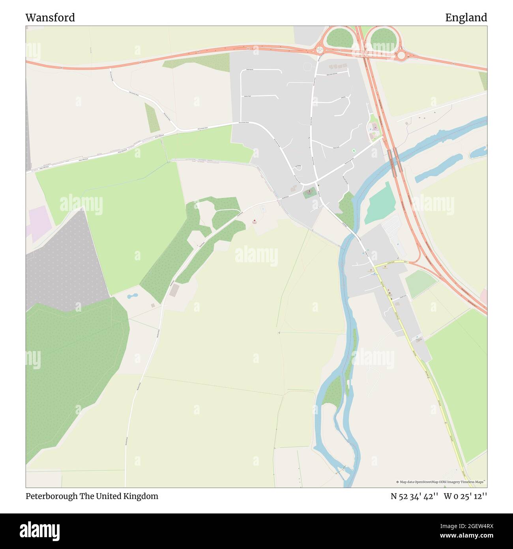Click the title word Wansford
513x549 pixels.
point(50,18)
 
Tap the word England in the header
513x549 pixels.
point(466,18)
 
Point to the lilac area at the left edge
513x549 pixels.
point(37,224)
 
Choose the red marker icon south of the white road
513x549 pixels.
point(255,220)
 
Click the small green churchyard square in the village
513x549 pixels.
point(310,194)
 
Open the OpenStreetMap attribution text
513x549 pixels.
point(441,482)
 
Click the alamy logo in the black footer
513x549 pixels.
point(40,530)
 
